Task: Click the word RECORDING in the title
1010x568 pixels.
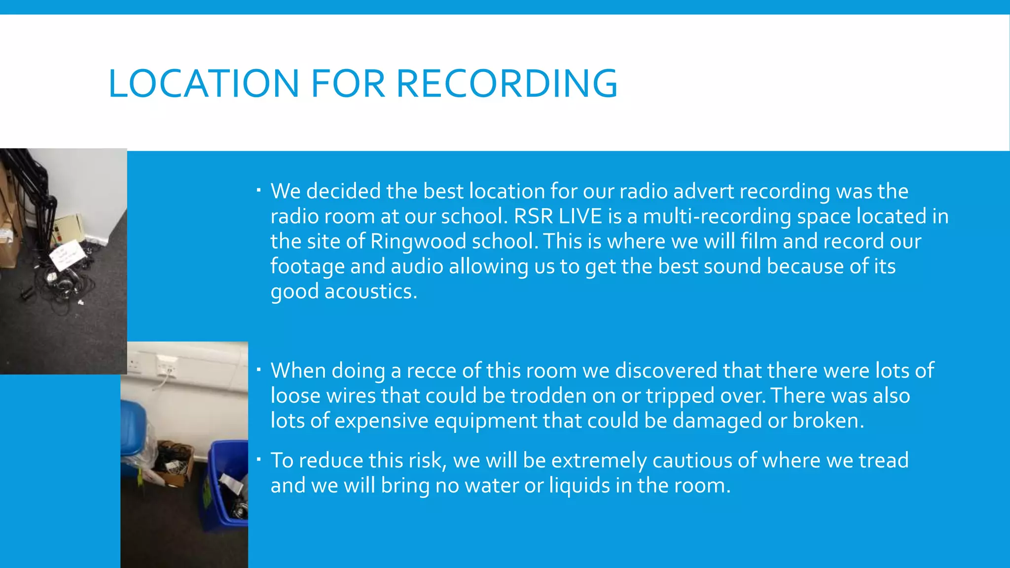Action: pyautogui.click(x=506, y=83)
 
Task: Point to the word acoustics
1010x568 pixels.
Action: pyautogui.click(x=370, y=291)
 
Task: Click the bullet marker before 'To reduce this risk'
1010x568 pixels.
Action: pyautogui.click(x=258, y=460)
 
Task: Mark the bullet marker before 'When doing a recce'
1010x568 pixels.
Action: pyautogui.click(x=258, y=369)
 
